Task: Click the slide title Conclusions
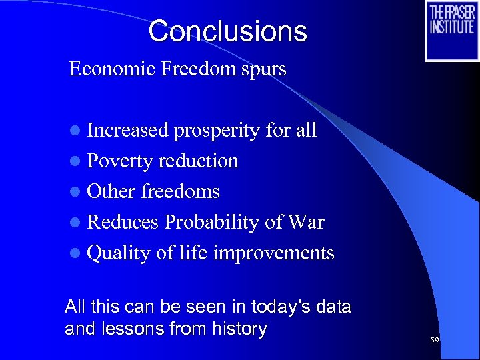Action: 227,31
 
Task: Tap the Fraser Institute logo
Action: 451,31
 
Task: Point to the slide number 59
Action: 435,341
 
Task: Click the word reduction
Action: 198,161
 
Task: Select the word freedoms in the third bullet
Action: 181,192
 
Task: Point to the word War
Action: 305,223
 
